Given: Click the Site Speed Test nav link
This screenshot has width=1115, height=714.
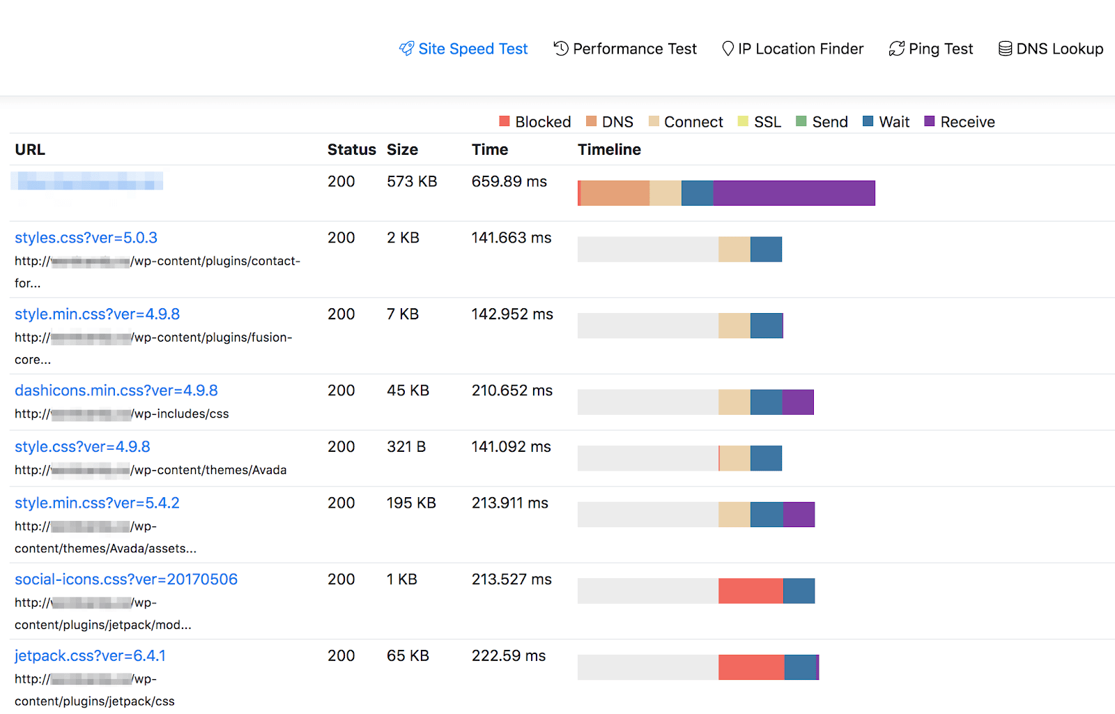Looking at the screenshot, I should [463, 49].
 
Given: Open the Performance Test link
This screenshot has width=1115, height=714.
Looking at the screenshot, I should [625, 49].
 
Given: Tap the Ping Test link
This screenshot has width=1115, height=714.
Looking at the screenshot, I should [931, 49].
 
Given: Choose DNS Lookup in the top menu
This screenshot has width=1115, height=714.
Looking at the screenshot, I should [1051, 49].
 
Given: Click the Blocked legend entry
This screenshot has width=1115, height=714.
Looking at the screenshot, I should [535, 122].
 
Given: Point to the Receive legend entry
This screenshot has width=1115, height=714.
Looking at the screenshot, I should [960, 122].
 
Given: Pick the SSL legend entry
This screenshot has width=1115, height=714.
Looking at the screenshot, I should [760, 122].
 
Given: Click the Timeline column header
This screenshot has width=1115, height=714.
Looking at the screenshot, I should [609, 149].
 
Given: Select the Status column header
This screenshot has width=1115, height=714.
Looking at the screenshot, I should [351, 149].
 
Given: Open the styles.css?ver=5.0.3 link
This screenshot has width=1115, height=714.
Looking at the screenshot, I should [86, 238].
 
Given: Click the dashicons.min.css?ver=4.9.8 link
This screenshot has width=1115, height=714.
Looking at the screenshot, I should [116, 390].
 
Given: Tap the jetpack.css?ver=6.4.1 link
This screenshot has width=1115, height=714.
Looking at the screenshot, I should [90, 656].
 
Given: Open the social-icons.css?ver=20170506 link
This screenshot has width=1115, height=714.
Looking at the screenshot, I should [126, 579].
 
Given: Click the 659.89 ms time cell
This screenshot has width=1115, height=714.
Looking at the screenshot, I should [509, 181].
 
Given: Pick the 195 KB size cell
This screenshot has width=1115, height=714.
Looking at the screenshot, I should [411, 503].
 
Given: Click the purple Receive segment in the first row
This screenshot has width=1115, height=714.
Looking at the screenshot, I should [794, 193].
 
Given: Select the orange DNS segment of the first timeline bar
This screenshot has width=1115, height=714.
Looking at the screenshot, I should [615, 193].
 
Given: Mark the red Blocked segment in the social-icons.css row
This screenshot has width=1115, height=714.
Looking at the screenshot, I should [751, 591].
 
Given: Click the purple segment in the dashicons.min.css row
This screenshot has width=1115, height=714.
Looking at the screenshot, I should [798, 402].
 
